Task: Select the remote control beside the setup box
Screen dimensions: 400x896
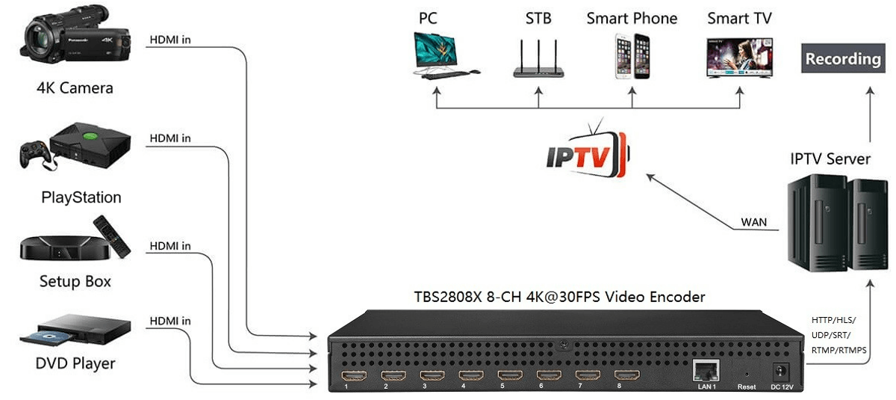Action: [111, 235]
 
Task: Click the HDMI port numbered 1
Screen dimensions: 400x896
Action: [352, 375]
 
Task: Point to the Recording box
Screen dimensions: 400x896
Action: [843, 59]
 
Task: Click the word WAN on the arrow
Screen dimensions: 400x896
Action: [753, 222]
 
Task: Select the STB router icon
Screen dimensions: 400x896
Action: [538, 58]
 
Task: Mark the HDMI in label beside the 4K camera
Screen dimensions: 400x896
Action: [170, 40]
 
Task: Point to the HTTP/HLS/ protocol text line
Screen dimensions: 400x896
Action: [834, 320]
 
